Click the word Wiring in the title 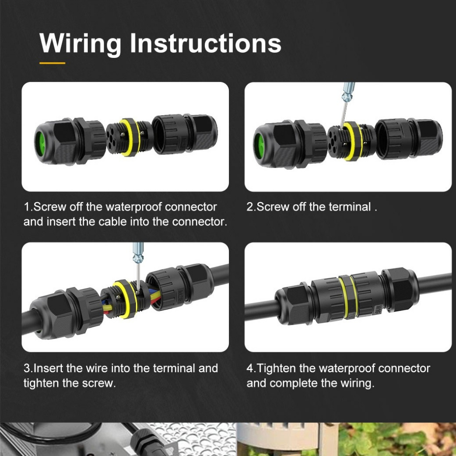(x=81, y=44)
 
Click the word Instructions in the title (x=205, y=43)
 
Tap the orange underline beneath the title (x=53, y=63)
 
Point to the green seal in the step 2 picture (x=259, y=146)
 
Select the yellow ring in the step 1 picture (x=130, y=137)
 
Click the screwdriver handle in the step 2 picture (x=348, y=91)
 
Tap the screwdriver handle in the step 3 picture (x=138, y=252)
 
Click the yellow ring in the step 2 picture (x=353, y=141)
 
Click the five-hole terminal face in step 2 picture (x=337, y=142)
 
